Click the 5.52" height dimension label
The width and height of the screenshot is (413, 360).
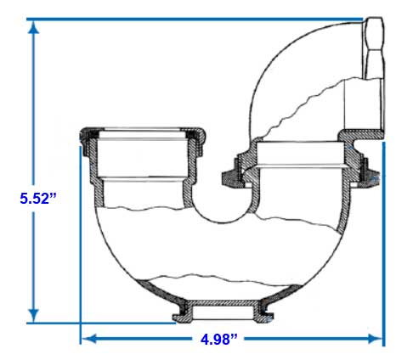tap(38, 199)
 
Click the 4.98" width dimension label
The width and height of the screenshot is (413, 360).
tap(218, 340)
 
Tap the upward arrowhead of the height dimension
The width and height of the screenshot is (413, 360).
tap(33, 28)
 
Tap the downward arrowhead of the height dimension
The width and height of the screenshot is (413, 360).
tap(33, 315)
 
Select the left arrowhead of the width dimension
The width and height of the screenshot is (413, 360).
tap(89, 339)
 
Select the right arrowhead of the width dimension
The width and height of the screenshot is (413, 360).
tap(375, 339)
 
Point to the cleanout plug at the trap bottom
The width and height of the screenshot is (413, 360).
tap(223, 312)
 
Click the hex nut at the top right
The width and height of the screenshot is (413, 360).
tap(373, 48)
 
